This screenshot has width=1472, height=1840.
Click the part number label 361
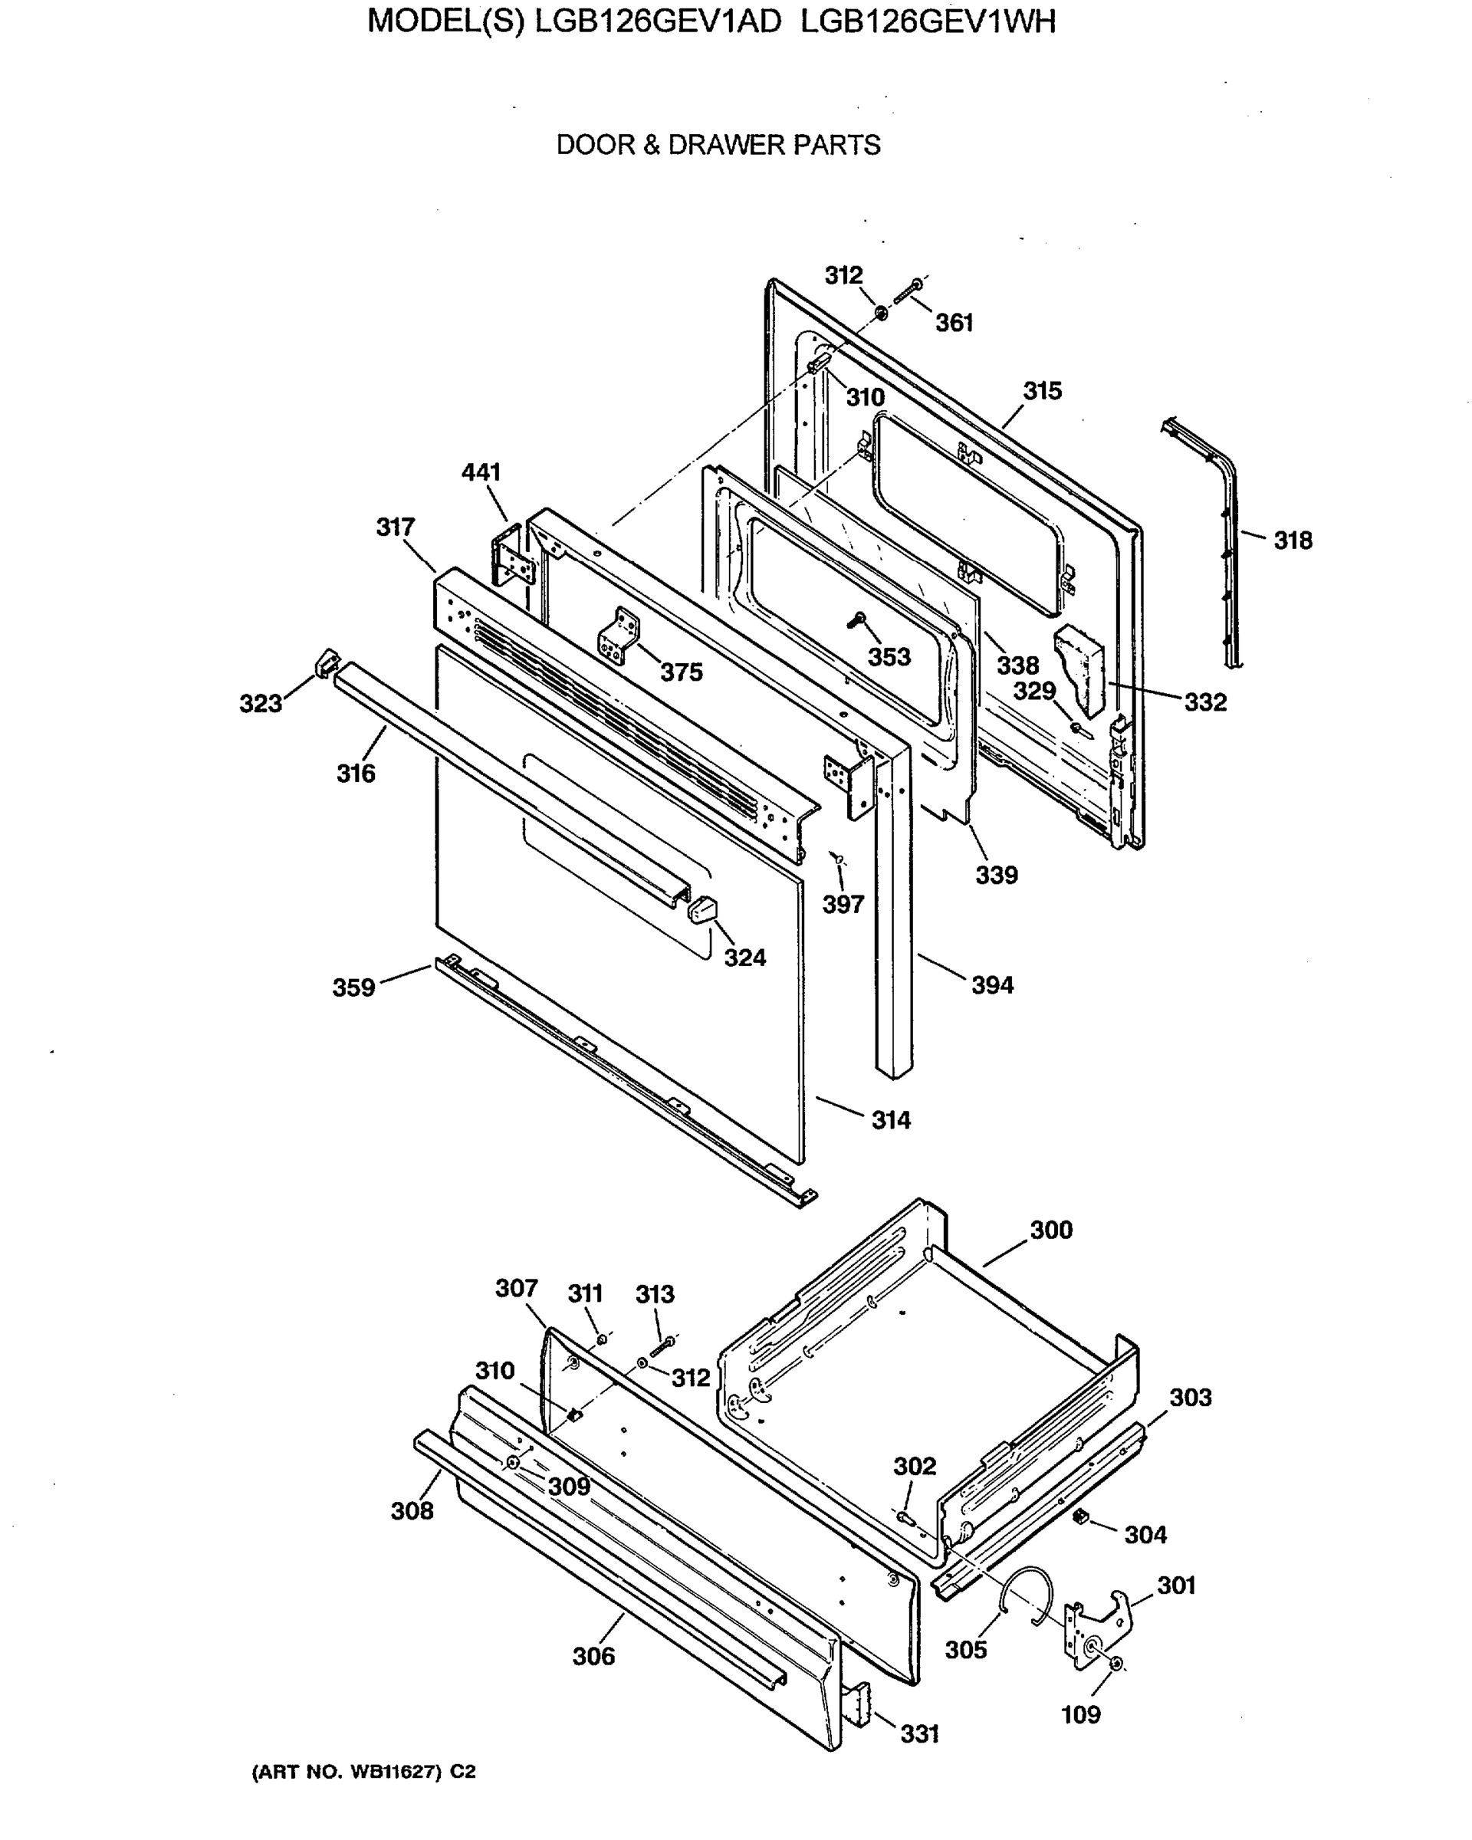click(x=953, y=323)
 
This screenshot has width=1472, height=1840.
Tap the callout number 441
click(x=481, y=472)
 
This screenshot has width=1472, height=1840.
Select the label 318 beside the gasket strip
click(x=1292, y=540)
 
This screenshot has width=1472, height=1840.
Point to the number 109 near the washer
click(x=1080, y=1714)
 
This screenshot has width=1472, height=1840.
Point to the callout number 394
click(x=991, y=985)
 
